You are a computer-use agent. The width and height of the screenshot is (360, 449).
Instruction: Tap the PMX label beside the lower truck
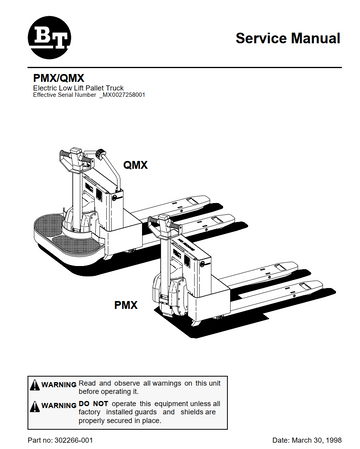tap(124, 300)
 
